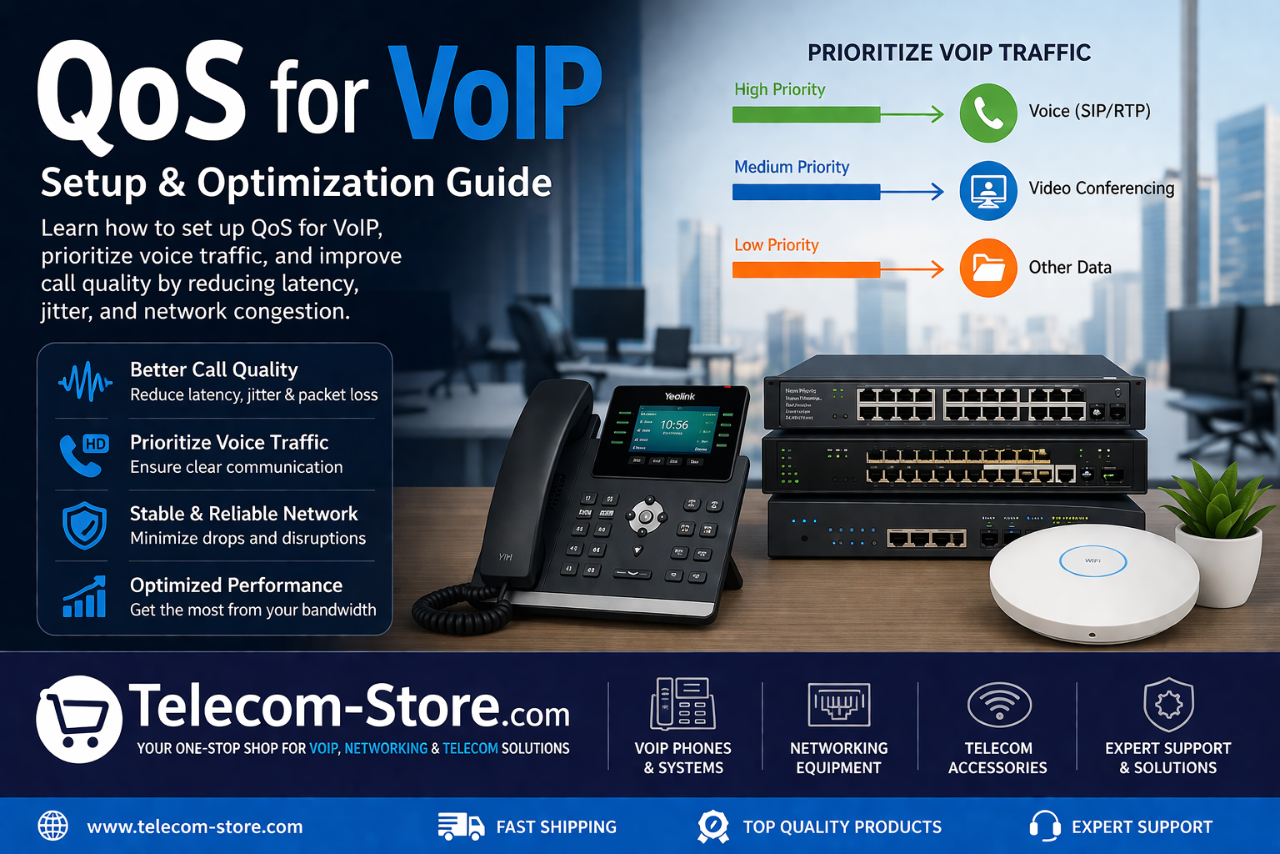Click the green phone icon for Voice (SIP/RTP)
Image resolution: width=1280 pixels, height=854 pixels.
(988, 113)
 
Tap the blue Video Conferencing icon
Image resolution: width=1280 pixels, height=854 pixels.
(988, 191)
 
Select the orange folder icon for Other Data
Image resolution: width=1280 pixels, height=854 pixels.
(988, 269)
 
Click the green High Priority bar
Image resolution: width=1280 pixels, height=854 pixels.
(806, 114)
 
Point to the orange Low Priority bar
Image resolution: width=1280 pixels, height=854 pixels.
(806, 269)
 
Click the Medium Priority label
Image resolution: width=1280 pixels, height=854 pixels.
(791, 167)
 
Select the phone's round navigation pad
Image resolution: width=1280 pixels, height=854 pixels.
(646, 516)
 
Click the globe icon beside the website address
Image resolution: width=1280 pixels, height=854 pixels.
(53, 826)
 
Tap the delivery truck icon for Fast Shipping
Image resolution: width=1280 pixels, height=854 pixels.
(460, 826)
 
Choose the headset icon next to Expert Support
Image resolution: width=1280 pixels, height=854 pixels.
(1044, 826)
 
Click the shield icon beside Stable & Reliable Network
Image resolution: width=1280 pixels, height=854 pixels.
(84, 525)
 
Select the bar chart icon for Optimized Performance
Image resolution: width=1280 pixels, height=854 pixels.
(84, 597)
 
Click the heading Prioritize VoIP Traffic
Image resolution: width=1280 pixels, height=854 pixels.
(948, 53)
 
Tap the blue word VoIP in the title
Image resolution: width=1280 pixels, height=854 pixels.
(497, 93)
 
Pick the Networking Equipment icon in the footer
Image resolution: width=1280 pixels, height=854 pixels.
(838, 706)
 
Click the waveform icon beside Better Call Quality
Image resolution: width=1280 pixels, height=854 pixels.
(84, 382)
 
